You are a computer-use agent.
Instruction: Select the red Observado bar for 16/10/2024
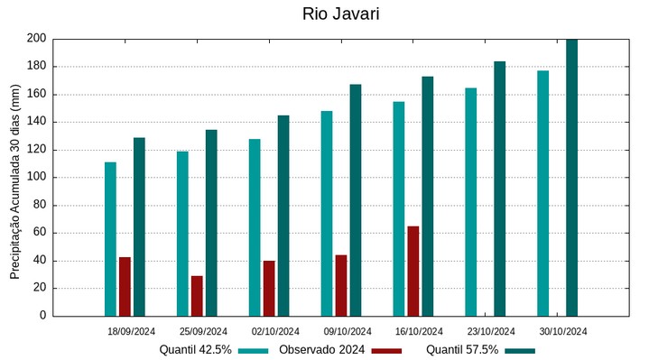pos(413,271)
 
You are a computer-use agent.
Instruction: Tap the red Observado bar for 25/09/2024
pos(197,296)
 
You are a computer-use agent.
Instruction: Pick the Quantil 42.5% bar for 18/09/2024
pos(110,239)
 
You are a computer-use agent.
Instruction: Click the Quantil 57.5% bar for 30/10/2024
pos(571,178)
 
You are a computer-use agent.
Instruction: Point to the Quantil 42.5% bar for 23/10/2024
pos(470,202)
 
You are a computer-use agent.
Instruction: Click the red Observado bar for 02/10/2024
pos(269,289)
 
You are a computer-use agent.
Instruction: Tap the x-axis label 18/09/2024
pos(131,331)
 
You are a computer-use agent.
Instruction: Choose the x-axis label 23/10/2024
pos(491,331)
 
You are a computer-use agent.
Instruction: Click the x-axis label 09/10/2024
pos(348,331)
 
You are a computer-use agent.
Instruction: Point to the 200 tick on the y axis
pos(36,39)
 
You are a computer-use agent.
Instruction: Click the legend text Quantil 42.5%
pos(196,350)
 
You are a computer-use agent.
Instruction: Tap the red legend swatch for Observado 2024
pos(386,350)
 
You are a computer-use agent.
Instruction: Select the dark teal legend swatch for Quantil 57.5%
pos(520,350)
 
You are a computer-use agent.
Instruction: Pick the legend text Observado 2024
pos(321,350)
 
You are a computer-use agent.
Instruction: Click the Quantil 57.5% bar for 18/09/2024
pos(139,227)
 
